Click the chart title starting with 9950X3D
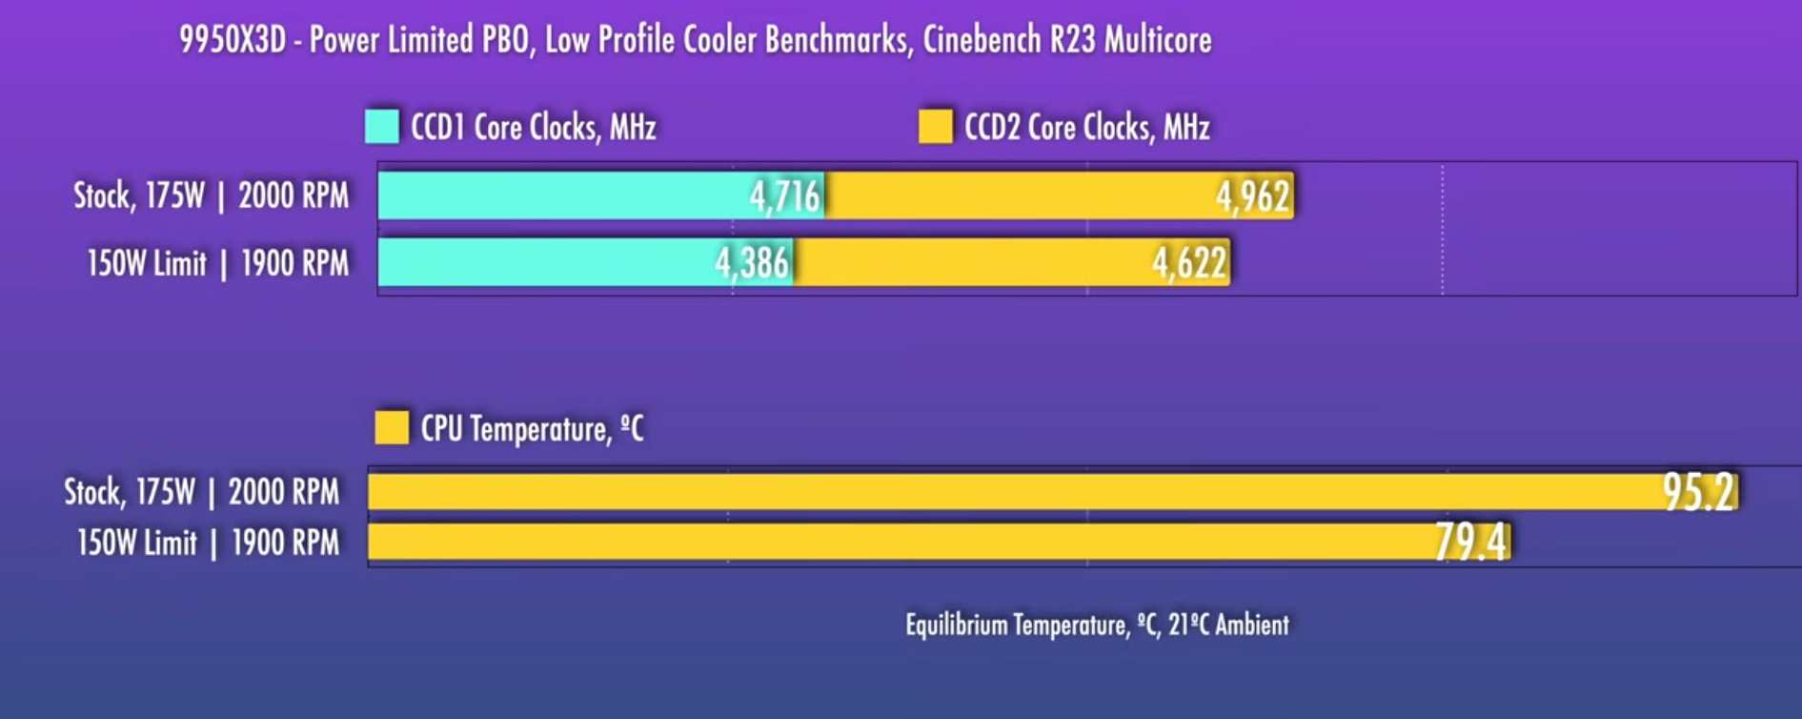(x=695, y=40)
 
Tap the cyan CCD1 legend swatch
(x=382, y=127)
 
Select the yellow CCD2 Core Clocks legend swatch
(x=935, y=127)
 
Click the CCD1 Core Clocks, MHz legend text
(x=533, y=128)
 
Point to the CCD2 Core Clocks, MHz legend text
(x=1086, y=128)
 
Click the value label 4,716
(x=784, y=196)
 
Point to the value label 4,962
(x=1252, y=196)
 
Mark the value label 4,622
(x=1189, y=263)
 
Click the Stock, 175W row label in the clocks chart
(x=212, y=195)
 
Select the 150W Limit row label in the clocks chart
(x=217, y=263)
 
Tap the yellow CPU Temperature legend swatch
(x=391, y=427)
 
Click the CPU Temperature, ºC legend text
(x=532, y=429)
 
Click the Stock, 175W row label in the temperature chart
(x=201, y=492)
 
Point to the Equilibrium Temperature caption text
(x=1097, y=626)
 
